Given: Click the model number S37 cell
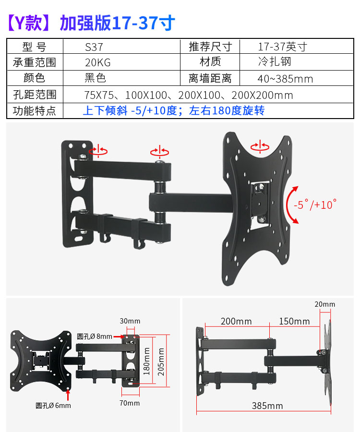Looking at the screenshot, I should pyautogui.click(x=94, y=47).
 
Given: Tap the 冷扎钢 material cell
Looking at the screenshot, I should pyautogui.click(x=274, y=62).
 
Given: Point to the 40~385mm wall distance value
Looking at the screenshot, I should pyautogui.click(x=285, y=79).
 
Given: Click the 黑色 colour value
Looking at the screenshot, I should pyautogui.click(x=95, y=78).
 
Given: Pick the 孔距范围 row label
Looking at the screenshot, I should pyautogui.click(x=35, y=95).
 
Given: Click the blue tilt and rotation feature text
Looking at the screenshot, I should pyautogui.click(x=174, y=111).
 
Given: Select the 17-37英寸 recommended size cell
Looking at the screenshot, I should pyautogui.click(x=282, y=47).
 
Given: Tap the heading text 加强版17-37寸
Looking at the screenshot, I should pyautogui.click(x=117, y=23).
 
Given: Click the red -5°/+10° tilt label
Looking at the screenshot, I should pyautogui.click(x=314, y=204).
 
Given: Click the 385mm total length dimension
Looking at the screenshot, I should pyautogui.click(x=267, y=406).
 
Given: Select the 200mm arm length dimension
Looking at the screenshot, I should pyautogui.click(x=236, y=322).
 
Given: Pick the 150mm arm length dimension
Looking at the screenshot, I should pyautogui.click(x=295, y=322).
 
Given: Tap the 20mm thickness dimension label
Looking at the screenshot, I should pyautogui.click(x=325, y=304).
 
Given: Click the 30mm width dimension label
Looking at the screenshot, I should pyautogui.click(x=130, y=321).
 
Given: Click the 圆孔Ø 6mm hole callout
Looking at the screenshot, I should pyautogui.click(x=53, y=406).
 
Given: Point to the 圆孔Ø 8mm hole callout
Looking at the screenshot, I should pyautogui.click(x=94, y=336).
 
